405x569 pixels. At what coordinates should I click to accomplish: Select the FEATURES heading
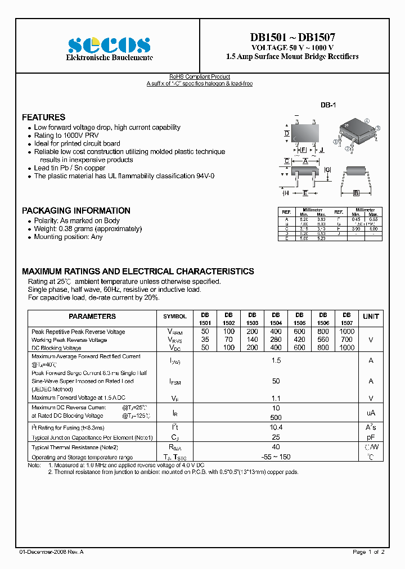pyautogui.click(x=43, y=118)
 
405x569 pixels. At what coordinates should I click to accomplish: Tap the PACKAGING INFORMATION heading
pyautogui.click(x=76, y=211)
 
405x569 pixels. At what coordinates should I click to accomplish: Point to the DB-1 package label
pyautogui.click(x=328, y=105)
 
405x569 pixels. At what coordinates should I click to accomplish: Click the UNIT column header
pyautogui.click(x=371, y=317)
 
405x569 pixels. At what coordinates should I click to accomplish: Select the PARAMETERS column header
pyautogui.click(x=92, y=317)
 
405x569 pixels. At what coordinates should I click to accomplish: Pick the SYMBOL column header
pyautogui.click(x=174, y=317)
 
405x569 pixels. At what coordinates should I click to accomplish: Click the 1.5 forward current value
pyautogui.click(x=276, y=360)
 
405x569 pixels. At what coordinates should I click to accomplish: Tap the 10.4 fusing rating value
pyautogui.click(x=276, y=428)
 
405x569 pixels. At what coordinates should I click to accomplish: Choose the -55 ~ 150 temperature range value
pyautogui.click(x=276, y=457)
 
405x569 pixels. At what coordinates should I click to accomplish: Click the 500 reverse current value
pyautogui.click(x=276, y=417)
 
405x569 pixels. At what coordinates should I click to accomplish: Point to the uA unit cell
pyautogui.click(x=371, y=413)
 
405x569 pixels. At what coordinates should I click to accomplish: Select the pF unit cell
pyautogui.click(x=371, y=437)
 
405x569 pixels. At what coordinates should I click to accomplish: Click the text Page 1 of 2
pyautogui.click(x=368, y=552)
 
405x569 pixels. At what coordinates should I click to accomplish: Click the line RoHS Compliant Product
pyautogui.click(x=200, y=77)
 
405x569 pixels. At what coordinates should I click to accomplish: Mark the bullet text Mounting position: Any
pyautogui.click(x=69, y=237)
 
